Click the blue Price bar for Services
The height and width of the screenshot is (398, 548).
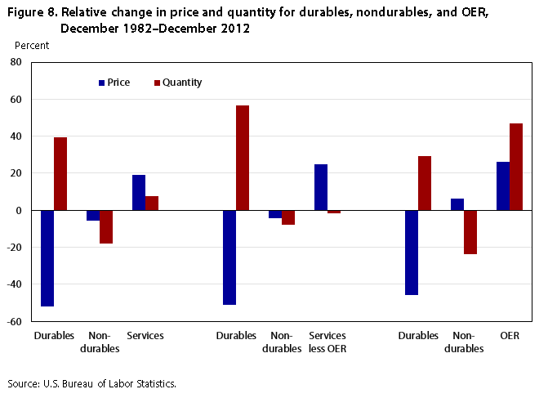[x=139, y=193]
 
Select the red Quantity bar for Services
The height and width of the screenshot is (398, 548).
[x=152, y=203]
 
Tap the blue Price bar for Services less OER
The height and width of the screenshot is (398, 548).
[x=321, y=187]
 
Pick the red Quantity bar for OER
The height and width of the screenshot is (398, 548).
[x=516, y=167]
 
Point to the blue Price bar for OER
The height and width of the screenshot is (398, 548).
[x=503, y=186]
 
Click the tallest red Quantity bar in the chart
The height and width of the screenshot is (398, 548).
[x=243, y=158]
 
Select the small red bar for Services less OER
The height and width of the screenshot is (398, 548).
[x=334, y=212]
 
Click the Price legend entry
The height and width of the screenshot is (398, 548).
[x=114, y=83]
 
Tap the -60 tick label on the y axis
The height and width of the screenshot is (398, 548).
[x=14, y=321]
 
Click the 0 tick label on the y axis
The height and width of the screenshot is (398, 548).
[x=18, y=210]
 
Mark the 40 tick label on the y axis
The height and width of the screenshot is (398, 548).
[x=16, y=136]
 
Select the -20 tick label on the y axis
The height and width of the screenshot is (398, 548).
[x=14, y=248]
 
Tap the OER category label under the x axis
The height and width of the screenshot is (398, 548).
[x=510, y=336]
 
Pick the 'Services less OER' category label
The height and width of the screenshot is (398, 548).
[x=327, y=342]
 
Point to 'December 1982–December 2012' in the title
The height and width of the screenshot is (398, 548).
[x=155, y=28]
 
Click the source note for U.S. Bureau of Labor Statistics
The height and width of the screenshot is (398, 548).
[x=91, y=383]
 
